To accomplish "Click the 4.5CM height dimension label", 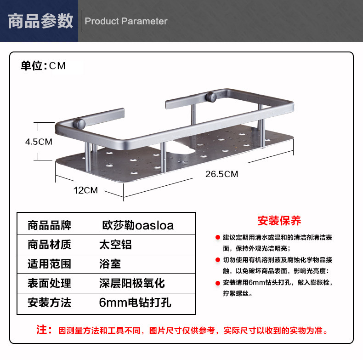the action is pos(39,142).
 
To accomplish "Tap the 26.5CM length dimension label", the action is pos(221,174).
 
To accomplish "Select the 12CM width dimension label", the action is pos(86,190).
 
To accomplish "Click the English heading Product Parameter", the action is pos(126,21).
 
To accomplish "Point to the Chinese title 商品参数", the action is pos(41,21).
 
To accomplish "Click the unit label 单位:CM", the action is pos(43,66).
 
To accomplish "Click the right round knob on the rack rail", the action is pos(212,97).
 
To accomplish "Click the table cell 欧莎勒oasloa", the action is pos(138,225).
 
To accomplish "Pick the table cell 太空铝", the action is pos(115,245).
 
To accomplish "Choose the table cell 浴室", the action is pos(110,264).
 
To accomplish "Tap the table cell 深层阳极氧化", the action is pos(132,283).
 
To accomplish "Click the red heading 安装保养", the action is pos(279,221).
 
